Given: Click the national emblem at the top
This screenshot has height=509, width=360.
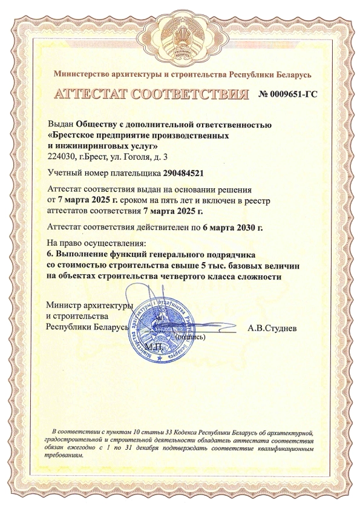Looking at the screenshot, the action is pos(180,43).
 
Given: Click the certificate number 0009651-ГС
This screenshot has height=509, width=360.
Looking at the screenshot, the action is pos(289,95).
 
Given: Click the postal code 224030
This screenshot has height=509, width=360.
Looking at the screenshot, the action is pos(61,157).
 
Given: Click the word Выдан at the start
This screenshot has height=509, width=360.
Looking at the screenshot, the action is pos(59,124).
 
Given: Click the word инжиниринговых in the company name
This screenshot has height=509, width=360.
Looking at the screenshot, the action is pos(90,146).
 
